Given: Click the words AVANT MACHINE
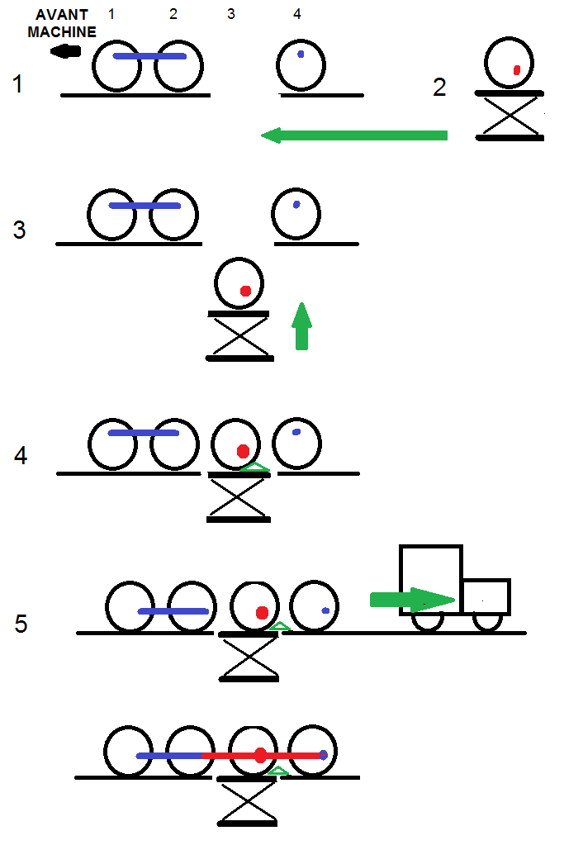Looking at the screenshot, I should click(62, 24).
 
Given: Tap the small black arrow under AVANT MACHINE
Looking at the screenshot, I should click(65, 51).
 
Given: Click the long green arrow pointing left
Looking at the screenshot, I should click(354, 135).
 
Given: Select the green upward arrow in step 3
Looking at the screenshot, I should click(302, 326).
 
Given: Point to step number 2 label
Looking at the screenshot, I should click(439, 87).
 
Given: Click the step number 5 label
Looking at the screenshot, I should click(21, 624).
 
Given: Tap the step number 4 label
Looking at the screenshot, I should click(21, 455).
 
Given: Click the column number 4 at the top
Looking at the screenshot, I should click(297, 14).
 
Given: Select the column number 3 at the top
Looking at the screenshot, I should click(230, 14).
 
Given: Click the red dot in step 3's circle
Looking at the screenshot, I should click(245, 291).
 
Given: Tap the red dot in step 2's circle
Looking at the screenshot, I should click(516, 70).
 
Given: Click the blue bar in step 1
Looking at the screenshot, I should click(149, 56).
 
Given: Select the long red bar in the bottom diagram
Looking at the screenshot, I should click(261, 756).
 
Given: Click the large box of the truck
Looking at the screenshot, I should click(430, 579).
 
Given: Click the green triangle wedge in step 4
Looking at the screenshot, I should click(254, 468).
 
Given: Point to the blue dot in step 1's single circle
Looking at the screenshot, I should click(301, 55).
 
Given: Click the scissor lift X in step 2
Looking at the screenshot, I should click(510, 116).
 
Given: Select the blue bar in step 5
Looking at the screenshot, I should click(173, 611).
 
